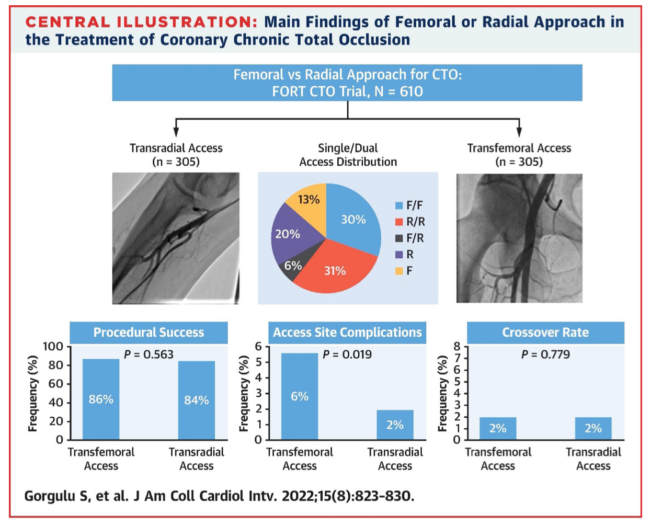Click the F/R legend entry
[410, 238]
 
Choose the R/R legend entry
[410, 222]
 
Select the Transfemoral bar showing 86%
[101, 399]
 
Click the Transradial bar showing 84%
[196, 401]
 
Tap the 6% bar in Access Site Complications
[300, 396]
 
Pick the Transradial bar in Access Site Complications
[395, 425]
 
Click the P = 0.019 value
[347, 355]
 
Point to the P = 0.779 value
[545, 355]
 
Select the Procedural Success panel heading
[149, 333]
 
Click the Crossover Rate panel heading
[545, 333]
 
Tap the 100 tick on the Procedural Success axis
[53, 347]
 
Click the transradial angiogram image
[176, 238]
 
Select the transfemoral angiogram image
[519, 238]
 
